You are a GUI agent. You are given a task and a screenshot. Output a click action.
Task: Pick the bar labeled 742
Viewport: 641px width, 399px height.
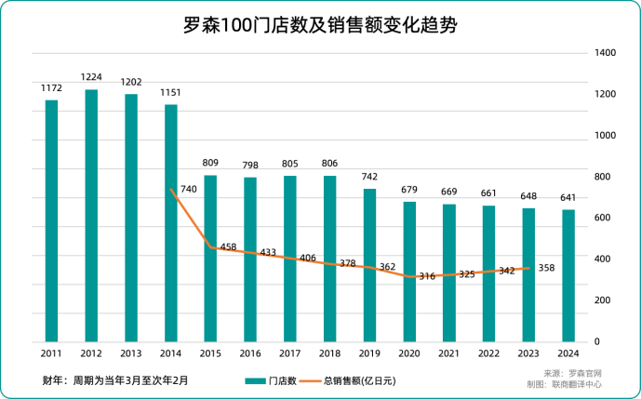click(369, 265)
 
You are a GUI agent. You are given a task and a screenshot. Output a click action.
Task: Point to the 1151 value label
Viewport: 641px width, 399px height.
click(170, 92)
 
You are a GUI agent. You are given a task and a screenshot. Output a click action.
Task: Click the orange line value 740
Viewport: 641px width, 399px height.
click(188, 189)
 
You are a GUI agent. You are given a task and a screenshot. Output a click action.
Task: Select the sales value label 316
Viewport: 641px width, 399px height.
click(427, 276)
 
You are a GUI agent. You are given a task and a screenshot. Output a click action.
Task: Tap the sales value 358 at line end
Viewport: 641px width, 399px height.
click(546, 268)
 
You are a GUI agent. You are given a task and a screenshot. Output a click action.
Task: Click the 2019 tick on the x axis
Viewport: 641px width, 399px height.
click(369, 353)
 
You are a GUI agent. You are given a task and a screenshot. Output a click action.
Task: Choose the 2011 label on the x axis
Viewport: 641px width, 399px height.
click(51, 353)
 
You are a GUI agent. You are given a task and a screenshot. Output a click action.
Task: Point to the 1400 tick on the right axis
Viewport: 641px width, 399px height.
click(605, 54)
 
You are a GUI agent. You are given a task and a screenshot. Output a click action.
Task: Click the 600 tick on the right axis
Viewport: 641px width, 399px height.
click(602, 218)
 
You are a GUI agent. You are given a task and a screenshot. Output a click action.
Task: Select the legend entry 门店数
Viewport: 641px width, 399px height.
click(271, 380)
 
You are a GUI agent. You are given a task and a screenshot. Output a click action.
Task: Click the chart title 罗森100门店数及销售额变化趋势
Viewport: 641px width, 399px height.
click(321, 25)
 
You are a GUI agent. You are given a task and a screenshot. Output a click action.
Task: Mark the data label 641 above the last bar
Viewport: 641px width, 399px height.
click(568, 198)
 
